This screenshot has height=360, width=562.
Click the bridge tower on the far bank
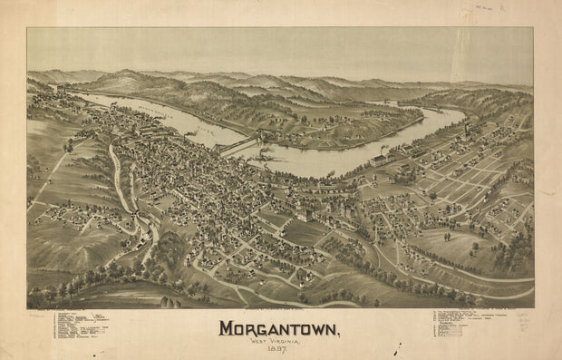point(264,136)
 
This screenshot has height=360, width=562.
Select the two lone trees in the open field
point(67,145)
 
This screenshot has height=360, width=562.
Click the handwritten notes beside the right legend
point(527,326)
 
